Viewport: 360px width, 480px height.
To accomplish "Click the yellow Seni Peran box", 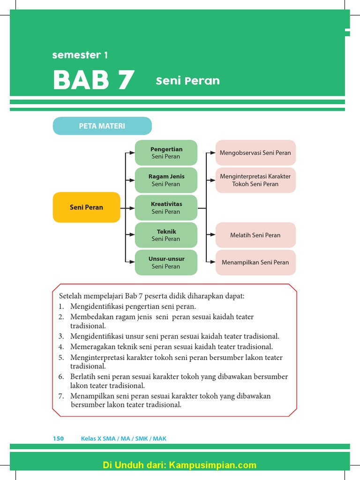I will [x=86, y=207].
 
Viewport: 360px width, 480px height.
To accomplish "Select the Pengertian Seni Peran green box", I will [x=166, y=153].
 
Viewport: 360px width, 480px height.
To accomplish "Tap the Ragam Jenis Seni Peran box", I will [x=166, y=180].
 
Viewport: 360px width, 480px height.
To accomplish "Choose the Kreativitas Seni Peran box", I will [x=166, y=208].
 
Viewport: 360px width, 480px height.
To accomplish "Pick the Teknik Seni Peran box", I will [x=166, y=235].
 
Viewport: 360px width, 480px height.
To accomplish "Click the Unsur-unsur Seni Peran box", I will [x=166, y=262].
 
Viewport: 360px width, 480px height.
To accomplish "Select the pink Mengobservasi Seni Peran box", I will [x=255, y=153].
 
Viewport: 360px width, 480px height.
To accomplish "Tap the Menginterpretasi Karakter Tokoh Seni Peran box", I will [x=255, y=180].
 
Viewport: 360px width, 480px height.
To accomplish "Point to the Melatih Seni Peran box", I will [x=255, y=235].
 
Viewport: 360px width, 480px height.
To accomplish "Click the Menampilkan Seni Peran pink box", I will [x=255, y=262].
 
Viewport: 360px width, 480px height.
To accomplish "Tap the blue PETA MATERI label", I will [x=102, y=126].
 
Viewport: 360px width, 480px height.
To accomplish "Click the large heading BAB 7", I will [x=94, y=81].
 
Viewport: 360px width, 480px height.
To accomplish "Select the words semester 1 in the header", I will [x=80, y=55].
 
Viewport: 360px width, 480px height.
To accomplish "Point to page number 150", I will [x=58, y=439].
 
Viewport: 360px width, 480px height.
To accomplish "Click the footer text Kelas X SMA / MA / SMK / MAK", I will [x=124, y=439].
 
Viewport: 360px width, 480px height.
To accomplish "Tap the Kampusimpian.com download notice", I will [x=180, y=465].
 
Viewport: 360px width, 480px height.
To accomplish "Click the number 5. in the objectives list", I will [x=61, y=358].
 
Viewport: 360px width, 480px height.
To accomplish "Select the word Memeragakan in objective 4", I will [x=92, y=347].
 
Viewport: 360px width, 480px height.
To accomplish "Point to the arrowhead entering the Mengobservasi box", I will [x=213, y=153].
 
